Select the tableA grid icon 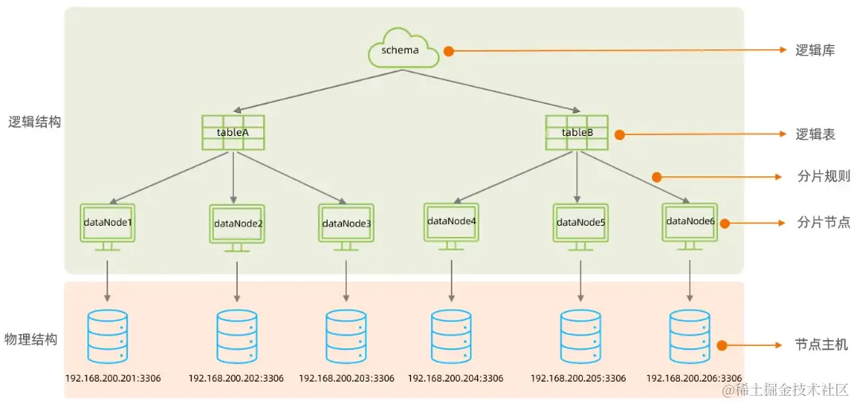point(233,133)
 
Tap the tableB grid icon point(576,133)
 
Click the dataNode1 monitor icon point(107,224)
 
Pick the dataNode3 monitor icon point(346,225)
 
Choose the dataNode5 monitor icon point(580,224)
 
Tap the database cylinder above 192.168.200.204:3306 point(452,334)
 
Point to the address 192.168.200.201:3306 point(113,378)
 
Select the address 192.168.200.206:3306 point(693,378)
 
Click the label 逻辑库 point(815,50)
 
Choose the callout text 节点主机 point(821,345)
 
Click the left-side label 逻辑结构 point(34,122)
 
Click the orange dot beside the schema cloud point(448,50)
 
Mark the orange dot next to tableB point(619,135)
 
